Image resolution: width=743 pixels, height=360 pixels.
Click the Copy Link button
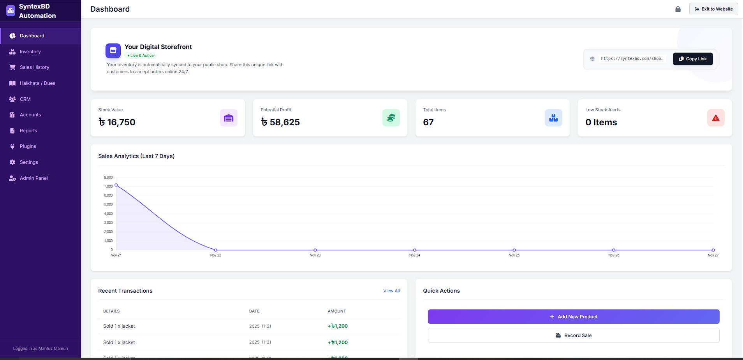tap(692, 59)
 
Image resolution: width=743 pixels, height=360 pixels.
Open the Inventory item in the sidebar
tap(30, 52)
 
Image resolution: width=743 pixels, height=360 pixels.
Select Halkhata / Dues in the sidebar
tap(37, 83)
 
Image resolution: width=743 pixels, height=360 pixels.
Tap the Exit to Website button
tap(713, 9)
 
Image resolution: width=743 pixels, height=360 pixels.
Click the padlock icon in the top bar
tap(678, 9)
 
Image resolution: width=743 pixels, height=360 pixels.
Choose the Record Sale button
tap(573, 335)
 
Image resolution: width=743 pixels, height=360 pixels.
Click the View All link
tap(391, 291)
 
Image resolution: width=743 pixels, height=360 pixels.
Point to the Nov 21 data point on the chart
tap(116, 185)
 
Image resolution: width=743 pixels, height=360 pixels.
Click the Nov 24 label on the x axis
tap(414, 255)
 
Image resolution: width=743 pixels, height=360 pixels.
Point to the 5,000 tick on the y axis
tap(108, 204)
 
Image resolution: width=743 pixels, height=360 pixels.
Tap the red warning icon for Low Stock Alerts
tap(715, 118)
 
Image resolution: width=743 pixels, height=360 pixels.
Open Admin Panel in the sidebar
tap(33, 178)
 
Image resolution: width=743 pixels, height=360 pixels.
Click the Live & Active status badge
tap(141, 56)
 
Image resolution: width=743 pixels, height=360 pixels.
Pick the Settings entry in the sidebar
tap(29, 162)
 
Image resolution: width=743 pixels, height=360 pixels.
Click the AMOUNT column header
tap(336, 311)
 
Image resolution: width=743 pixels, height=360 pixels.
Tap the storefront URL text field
tap(632, 59)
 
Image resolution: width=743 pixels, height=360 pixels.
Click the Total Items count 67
tap(428, 122)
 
